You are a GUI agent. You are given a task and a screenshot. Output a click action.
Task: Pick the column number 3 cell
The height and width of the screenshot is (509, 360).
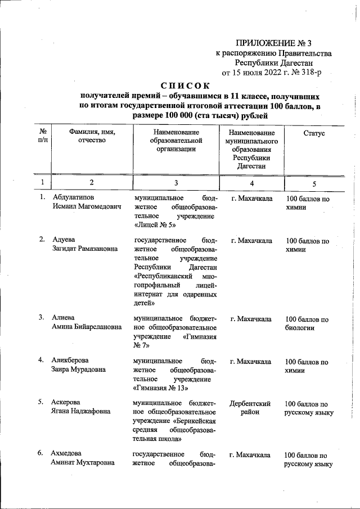[x=175, y=183]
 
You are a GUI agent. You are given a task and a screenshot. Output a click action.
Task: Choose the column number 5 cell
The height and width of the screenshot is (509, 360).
[x=314, y=183]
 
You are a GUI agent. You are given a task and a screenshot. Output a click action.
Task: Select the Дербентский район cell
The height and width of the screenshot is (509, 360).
[x=251, y=408]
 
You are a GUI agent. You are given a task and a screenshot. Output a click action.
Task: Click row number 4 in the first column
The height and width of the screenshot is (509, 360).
[x=42, y=360]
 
